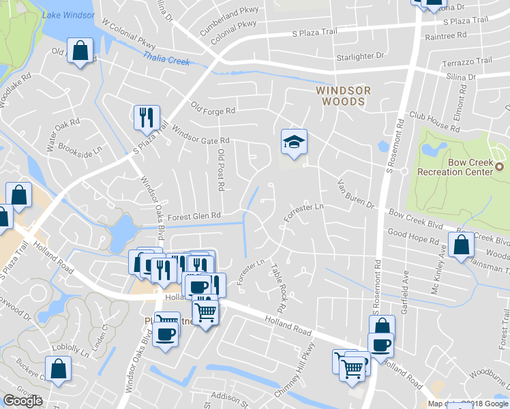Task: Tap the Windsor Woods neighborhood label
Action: [343, 95]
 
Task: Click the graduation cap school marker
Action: [294, 142]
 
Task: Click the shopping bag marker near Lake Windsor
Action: [80, 51]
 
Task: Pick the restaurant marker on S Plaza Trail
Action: [146, 119]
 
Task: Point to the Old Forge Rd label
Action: [213, 108]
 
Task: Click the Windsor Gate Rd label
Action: [200, 134]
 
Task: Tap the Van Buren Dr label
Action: [356, 194]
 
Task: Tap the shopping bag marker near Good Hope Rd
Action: [461, 245]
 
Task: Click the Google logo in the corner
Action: [22, 401]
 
